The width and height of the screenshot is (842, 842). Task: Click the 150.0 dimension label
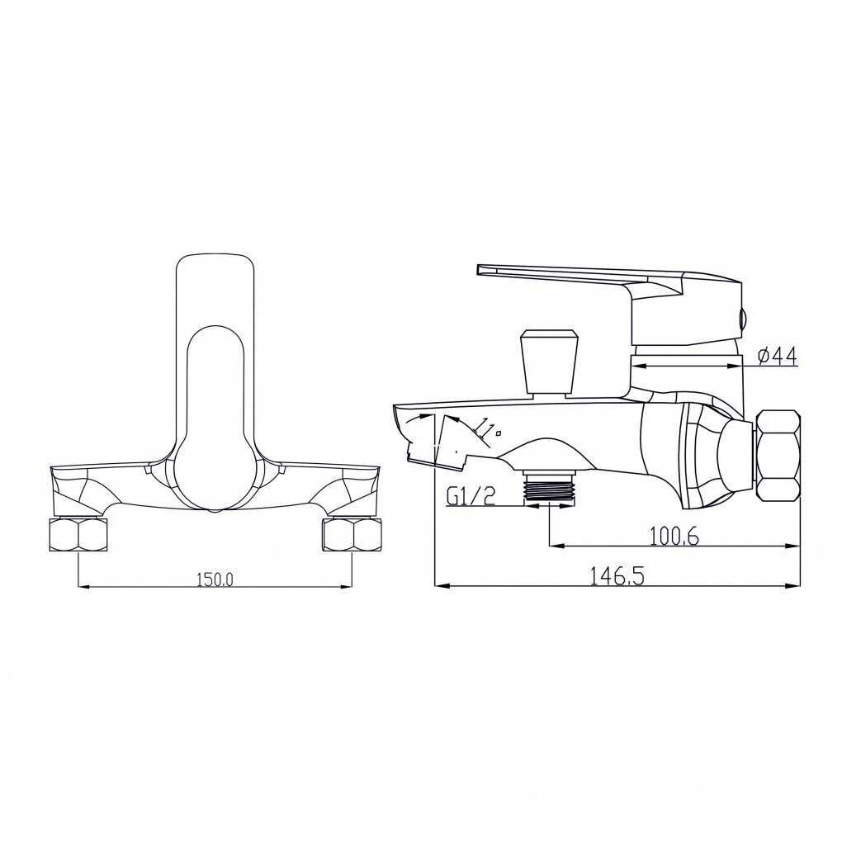[x=215, y=579]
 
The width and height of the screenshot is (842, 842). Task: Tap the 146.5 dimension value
[x=617, y=577]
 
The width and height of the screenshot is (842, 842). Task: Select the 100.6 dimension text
[x=674, y=536]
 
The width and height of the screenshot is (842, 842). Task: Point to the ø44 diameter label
[x=778, y=356]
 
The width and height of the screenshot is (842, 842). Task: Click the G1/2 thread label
[x=471, y=497]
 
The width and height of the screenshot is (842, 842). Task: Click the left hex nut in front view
[x=78, y=535]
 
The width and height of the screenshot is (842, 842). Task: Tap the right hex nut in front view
[x=352, y=535]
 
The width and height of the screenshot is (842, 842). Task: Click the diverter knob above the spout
[x=551, y=363]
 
